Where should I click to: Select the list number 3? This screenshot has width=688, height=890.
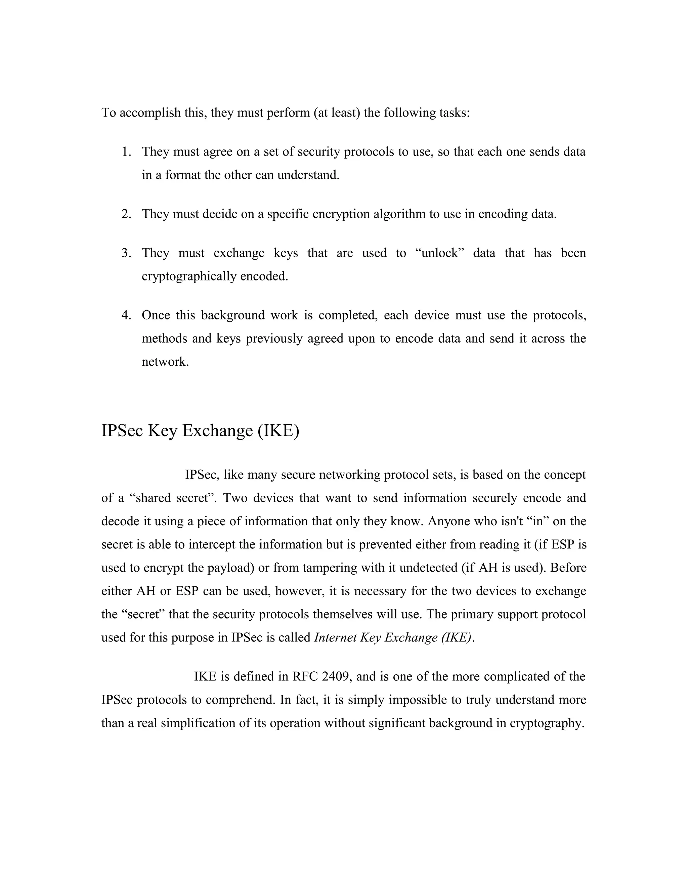coord(126,253)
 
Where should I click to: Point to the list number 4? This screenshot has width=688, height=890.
coord(126,315)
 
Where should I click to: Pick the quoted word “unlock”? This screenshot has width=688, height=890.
coord(440,253)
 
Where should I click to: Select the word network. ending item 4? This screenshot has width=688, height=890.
coord(165,362)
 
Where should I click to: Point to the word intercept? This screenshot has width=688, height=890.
coord(212,545)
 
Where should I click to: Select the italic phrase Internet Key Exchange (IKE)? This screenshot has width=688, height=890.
coord(394,638)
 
